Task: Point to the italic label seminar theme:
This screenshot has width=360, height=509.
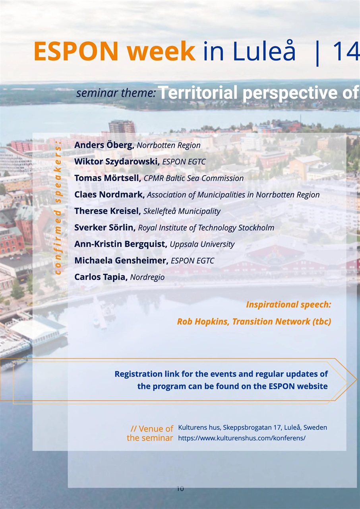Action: point(116,93)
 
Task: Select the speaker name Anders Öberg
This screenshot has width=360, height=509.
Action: point(104,145)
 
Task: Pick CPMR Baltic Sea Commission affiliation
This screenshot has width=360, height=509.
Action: point(194,178)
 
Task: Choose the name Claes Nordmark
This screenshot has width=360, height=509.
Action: point(110,195)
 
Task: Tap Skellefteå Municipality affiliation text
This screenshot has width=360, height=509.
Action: point(182,211)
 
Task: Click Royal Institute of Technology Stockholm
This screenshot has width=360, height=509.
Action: point(206,228)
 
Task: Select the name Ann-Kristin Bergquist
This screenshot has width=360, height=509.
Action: point(120,244)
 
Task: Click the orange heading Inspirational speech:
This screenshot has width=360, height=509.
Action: point(288,305)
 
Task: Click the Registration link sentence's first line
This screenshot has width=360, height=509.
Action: point(221,374)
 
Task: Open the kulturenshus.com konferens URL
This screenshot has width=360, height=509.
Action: point(242,438)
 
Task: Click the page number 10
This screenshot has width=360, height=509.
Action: point(180,489)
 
